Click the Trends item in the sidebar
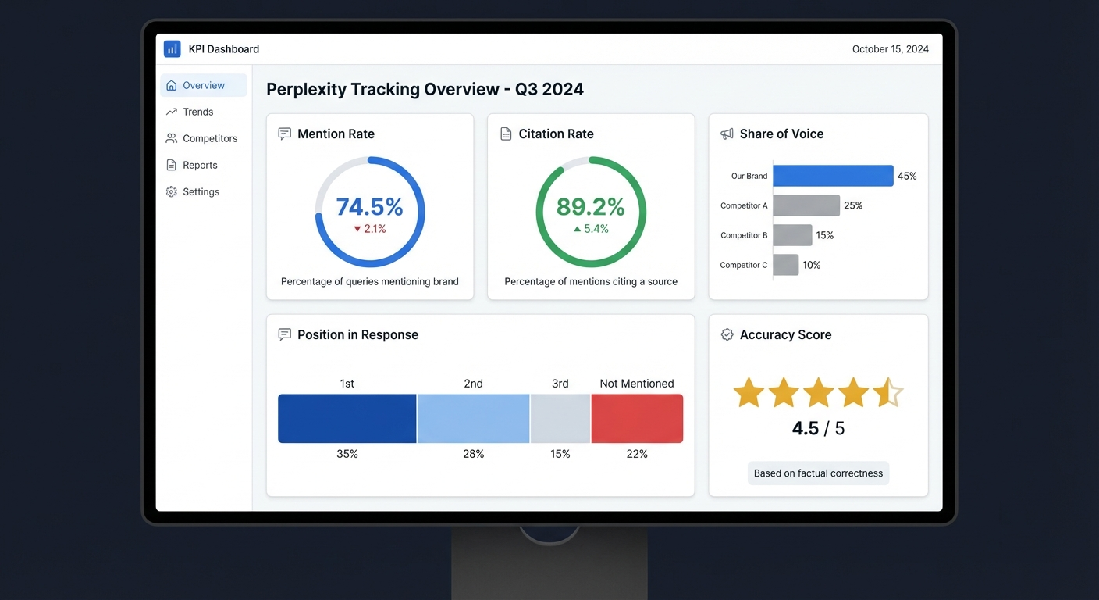point(197,112)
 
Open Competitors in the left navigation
point(209,138)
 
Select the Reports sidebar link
point(200,165)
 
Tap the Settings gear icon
point(172,191)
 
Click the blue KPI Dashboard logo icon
point(172,48)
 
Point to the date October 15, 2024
point(890,48)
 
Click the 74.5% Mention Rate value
point(369,207)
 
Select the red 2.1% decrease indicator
point(369,229)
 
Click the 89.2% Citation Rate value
point(590,207)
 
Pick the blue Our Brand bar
point(833,176)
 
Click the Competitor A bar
point(806,205)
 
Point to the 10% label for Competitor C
point(812,265)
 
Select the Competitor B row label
point(744,235)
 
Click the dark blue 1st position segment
point(347,419)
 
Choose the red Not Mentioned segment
point(637,419)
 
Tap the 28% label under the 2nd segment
point(473,454)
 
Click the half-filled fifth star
point(887,393)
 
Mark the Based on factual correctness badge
point(818,473)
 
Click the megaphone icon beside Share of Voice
point(727,134)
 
